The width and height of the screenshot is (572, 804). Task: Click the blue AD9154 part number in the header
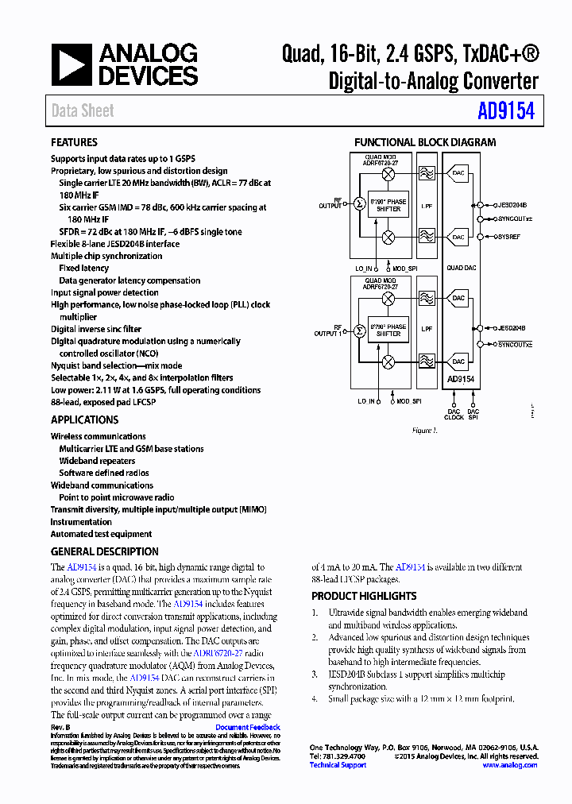pyautogui.click(x=506, y=111)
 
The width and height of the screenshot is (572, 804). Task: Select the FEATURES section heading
pyautogui.click(x=74, y=143)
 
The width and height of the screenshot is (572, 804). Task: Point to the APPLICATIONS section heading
pyautogui.click(x=84, y=420)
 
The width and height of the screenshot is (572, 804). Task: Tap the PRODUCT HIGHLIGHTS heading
pyautogui.click(x=364, y=596)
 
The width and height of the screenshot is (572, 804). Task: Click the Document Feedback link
pyautogui.click(x=247, y=728)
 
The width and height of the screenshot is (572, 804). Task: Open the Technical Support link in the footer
pyautogui.click(x=338, y=765)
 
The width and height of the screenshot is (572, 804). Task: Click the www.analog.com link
pyautogui.click(x=509, y=765)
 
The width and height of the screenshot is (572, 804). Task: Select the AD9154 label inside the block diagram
pyautogui.click(x=461, y=380)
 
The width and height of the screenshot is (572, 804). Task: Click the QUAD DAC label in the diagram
pyautogui.click(x=461, y=268)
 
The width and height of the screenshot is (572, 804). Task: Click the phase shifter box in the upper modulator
pyautogui.click(x=388, y=205)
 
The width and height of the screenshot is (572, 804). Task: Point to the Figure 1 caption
pyautogui.click(x=424, y=431)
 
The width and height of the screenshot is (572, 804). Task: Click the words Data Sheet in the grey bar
pyautogui.click(x=83, y=111)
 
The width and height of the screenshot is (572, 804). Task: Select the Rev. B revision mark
pyautogui.click(x=61, y=728)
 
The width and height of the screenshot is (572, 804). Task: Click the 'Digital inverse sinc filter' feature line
pyautogui.click(x=96, y=329)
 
